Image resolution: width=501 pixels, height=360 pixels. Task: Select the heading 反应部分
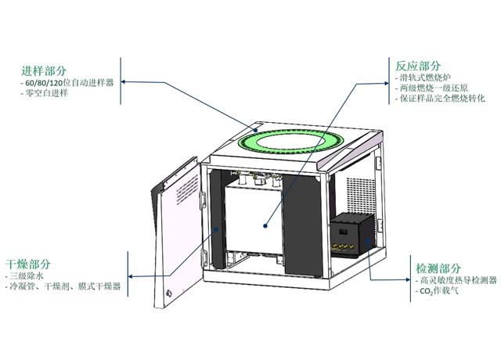[419, 65]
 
